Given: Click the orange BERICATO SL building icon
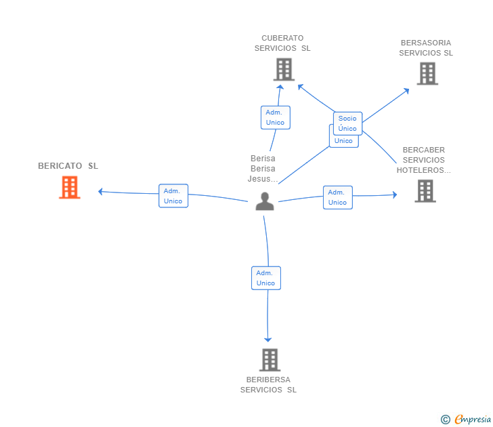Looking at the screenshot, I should coord(70,187).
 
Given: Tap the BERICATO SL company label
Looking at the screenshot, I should coord(68,166).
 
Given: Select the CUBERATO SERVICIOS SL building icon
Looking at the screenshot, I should coord(284,69).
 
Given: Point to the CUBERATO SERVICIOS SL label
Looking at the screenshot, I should coord(282,43).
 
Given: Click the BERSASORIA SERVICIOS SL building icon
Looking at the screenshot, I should coord(427,73).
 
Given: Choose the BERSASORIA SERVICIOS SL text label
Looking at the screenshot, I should coord(426,48).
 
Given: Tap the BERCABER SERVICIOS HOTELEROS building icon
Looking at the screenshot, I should coord(425,191).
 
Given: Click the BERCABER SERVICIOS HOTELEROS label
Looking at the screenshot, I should coord(424,160).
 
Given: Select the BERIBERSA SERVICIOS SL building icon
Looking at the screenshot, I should coord(270,360).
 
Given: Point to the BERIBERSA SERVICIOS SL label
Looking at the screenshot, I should coord(269,385).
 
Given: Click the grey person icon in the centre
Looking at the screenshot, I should coord(265,201).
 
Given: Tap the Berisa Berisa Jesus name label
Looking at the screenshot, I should coord(263,169).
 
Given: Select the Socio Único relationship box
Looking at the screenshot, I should coord(347,123).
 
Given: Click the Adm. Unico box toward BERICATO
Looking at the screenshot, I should coord(173,196).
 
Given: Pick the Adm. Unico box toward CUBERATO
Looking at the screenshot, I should coord(275,117).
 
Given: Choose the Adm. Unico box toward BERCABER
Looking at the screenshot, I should coord(337,197).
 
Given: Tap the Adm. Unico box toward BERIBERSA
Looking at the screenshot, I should coord(265,278).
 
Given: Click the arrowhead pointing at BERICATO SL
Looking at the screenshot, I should coord(100,192).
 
